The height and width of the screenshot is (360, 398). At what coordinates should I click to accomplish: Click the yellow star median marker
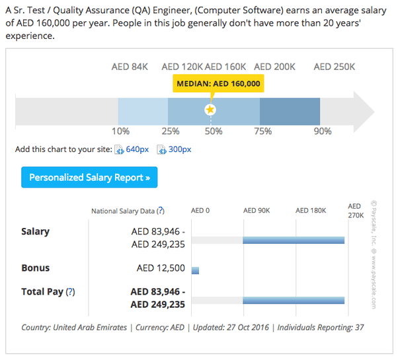210,109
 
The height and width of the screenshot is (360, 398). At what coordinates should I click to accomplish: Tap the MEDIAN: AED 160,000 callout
219,84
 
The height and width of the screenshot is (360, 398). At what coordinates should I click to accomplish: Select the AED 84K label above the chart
130,67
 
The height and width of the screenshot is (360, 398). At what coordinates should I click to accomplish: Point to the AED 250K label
334,67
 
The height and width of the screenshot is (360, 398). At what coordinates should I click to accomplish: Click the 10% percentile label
121,131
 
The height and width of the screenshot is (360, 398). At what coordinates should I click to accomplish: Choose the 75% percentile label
263,131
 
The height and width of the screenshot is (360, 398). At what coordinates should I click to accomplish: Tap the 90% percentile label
323,131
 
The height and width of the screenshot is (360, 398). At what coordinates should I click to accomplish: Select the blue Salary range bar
294,240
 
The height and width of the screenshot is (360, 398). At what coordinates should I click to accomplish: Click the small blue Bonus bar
195,270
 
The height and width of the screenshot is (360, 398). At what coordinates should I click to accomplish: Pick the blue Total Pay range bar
294,300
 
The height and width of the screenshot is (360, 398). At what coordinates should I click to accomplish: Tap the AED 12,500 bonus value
161,269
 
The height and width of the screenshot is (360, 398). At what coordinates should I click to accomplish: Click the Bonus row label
36,268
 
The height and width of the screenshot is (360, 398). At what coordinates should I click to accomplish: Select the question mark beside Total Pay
71,291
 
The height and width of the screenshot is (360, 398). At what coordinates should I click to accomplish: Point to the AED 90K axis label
257,211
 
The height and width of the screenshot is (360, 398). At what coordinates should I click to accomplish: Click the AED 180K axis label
311,211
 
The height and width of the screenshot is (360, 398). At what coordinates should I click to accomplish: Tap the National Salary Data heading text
123,211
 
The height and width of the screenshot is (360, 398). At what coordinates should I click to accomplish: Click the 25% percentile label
171,131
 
